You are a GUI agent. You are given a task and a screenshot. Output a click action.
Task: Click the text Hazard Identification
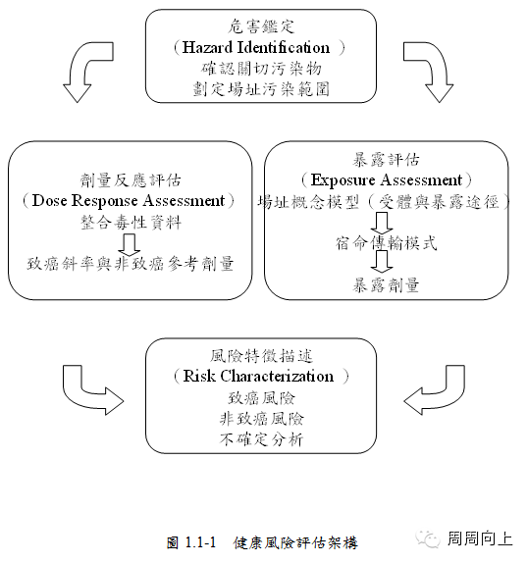[x=256, y=47]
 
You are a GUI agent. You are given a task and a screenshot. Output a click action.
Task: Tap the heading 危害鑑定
[x=261, y=26]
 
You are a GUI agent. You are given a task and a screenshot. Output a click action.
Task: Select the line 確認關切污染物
[x=261, y=69]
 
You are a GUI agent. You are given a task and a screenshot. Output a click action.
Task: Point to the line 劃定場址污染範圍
[x=261, y=89]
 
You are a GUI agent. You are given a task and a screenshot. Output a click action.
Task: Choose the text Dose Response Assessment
[x=129, y=201]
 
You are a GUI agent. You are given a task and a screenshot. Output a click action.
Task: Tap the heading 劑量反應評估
[x=131, y=179]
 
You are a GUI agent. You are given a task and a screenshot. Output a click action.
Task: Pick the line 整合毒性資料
[x=131, y=223]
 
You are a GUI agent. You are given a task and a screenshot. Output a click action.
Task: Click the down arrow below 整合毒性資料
[x=130, y=245]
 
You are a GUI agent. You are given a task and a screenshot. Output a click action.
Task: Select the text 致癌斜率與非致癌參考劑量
[x=131, y=264]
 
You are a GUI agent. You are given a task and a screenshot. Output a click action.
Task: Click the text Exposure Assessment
[x=387, y=179]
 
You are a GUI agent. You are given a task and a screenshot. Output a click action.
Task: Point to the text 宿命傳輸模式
[x=387, y=243]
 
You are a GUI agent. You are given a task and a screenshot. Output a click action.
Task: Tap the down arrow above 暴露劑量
[x=382, y=261]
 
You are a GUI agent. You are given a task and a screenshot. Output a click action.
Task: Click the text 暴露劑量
[x=386, y=285]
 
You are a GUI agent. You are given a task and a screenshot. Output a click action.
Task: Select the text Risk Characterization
[x=258, y=377]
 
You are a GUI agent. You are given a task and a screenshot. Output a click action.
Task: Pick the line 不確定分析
[x=261, y=438]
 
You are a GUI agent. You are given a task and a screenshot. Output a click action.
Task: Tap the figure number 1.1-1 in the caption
[x=200, y=541]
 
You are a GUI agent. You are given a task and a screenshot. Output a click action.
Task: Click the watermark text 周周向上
[x=480, y=538]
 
